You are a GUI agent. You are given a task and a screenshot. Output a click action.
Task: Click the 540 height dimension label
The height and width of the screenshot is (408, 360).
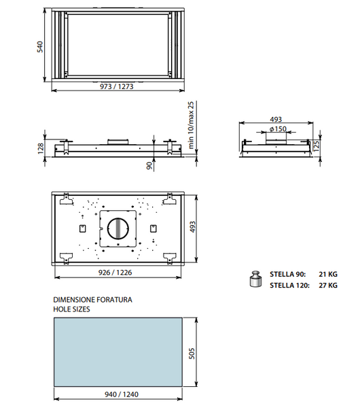click(40, 47)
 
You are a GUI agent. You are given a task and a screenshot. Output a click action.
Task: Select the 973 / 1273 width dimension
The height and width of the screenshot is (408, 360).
click(117, 86)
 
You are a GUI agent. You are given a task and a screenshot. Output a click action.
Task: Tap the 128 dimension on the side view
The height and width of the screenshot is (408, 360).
click(41, 148)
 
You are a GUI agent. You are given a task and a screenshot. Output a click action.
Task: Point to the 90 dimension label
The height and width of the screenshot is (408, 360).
click(149, 165)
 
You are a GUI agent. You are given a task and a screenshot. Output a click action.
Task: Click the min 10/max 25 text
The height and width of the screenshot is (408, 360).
click(191, 125)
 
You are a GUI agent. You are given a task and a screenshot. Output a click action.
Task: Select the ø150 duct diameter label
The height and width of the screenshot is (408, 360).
click(278, 129)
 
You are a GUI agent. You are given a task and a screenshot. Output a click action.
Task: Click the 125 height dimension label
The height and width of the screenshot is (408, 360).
click(317, 146)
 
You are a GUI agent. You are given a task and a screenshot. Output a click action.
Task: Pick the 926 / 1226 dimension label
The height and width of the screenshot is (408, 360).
click(115, 273)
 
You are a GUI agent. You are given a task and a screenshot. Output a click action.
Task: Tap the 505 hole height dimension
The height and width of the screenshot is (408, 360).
click(192, 354)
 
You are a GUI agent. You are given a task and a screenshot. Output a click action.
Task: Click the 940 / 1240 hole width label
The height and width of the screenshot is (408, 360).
click(122, 394)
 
